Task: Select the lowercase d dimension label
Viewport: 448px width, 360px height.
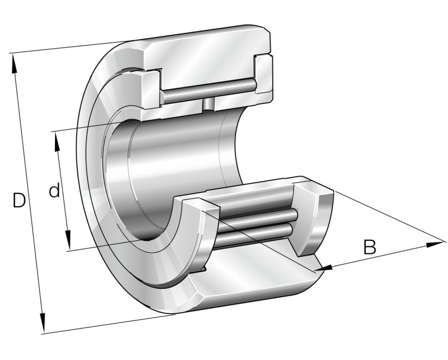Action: point(54,191)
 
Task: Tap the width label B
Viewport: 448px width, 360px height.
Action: point(370,247)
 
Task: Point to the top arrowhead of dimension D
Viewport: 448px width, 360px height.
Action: point(15,60)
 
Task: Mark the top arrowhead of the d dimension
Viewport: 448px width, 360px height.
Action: point(57,139)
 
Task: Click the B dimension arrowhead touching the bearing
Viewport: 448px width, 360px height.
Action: point(326,267)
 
